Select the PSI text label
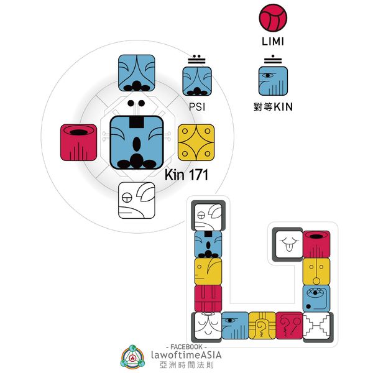coord(196,107)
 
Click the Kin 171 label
coord(186,175)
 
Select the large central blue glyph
coord(137,142)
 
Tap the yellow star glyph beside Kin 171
coord(196,141)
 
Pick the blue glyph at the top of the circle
coord(137,75)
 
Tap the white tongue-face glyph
coord(288,244)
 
